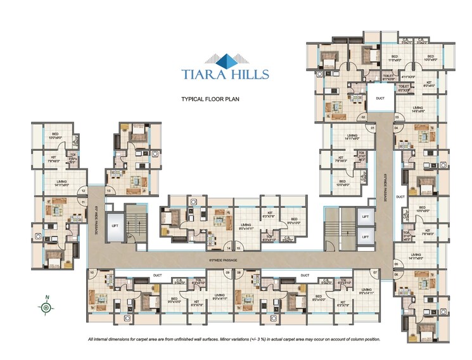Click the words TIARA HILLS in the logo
(225, 74)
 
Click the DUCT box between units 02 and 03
(380, 99)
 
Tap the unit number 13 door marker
(109, 190)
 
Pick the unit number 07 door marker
(375, 272)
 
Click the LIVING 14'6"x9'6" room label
(418, 109)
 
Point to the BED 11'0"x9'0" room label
(394, 58)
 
